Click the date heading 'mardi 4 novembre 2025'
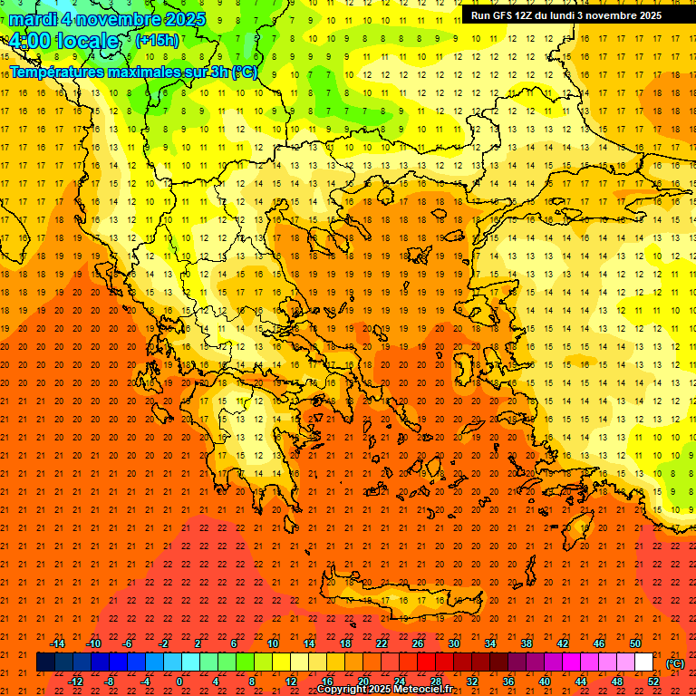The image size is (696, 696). coord(101,19)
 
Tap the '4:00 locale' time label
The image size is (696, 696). coord(64,41)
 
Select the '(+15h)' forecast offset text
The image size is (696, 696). coord(157,40)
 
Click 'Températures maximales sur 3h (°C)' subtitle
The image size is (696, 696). coord(133,72)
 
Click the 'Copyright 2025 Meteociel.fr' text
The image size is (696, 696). coord(384,690)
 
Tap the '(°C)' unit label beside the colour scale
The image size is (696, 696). coord(674,663)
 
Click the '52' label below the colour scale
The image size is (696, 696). coord(653,681)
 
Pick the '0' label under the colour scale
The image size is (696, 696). coord(179,681)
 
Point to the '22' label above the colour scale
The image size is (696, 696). coord(382,643)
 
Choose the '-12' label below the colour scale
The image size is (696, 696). coord(75,681)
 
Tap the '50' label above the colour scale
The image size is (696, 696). coord(635,643)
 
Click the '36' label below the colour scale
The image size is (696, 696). coord(508,681)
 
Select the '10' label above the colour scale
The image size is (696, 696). coord(273,643)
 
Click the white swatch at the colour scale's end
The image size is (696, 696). coord(644,662)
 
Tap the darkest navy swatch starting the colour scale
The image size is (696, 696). coord(46,662)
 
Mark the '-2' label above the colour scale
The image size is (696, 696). coord(164,643)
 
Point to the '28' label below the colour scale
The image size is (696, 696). coord(436,681)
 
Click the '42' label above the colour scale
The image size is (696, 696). coord(563,643)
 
